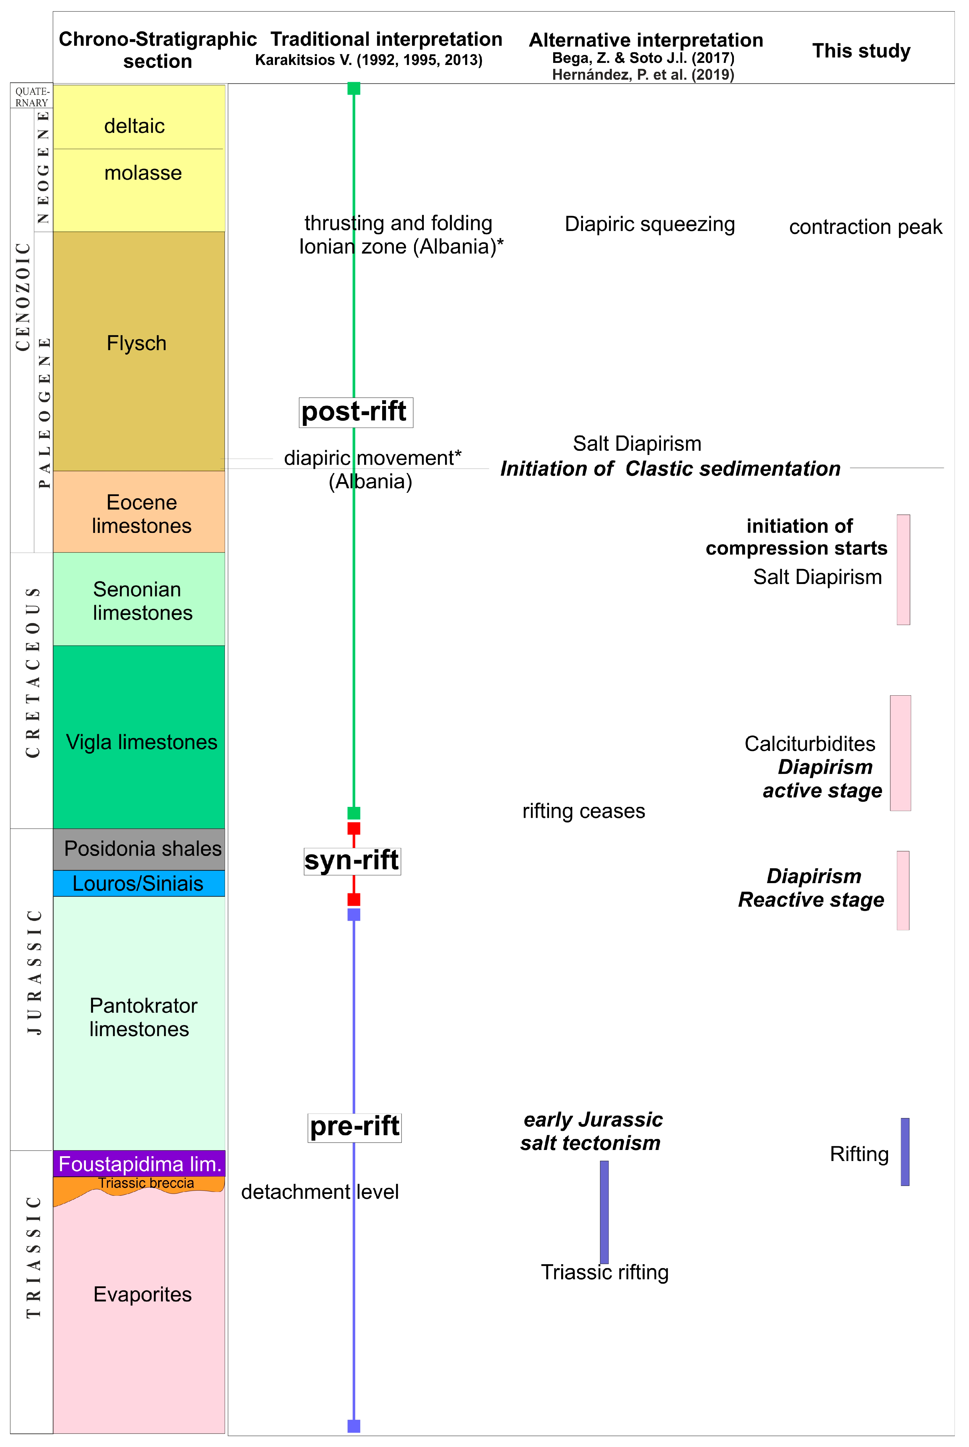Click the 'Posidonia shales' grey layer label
click(142, 849)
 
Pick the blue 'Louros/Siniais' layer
click(139, 883)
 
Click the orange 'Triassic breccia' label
click(146, 1183)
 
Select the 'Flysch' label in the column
click(136, 344)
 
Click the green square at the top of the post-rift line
click(354, 88)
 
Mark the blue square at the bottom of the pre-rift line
click(354, 1426)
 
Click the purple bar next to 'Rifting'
click(905, 1152)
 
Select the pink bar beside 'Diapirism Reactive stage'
click(903, 890)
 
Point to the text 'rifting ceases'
click(583, 811)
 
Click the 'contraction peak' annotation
click(865, 227)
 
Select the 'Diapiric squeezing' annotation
click(649, 224)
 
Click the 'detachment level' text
click(320, 1192)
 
